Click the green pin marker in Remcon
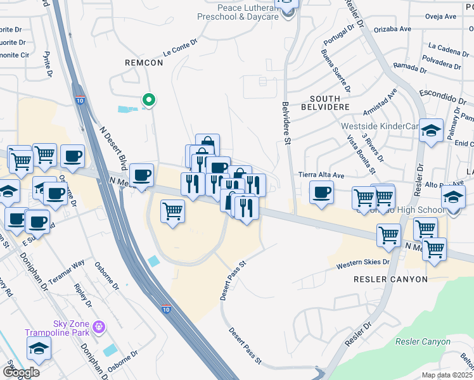click(x=148, y=100)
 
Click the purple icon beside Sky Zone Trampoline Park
click(x=98, y=327)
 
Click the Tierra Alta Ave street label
click(x=321, y=175)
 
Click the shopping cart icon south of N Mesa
click(x=172, y=211)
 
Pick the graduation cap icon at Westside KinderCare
click(x=431, y=130)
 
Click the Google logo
click(x=22, y=372)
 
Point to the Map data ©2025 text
click(x=447, y=375)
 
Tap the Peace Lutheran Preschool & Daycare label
click(x=239, y=12)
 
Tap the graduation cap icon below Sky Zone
click(x=39, y=348)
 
